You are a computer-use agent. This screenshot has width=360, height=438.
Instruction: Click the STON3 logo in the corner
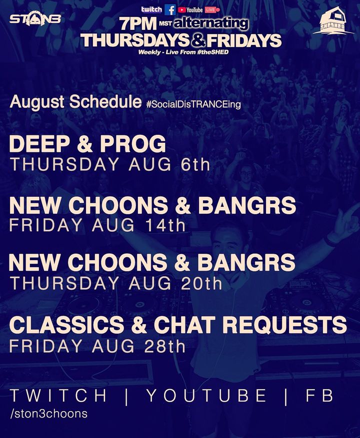pos(35,18)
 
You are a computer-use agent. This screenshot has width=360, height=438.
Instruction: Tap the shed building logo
pos(333,20)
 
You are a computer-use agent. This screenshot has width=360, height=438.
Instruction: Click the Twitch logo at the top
pos(151,9)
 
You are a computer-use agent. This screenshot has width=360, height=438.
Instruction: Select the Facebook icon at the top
pos(170,10)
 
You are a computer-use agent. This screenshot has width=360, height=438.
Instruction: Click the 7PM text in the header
pos(138,24)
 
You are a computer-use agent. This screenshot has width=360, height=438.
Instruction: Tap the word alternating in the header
pos(211,23)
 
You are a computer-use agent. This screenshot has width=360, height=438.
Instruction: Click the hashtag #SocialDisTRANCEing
pos(193,104)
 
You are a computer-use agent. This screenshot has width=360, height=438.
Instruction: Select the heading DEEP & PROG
pos(87,144)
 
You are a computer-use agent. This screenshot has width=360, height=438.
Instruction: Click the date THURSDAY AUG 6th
pos(110,164)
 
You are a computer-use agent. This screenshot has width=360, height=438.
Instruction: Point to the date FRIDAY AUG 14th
pos(97,225)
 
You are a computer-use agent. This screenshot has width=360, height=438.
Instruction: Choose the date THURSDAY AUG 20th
pos(116,283)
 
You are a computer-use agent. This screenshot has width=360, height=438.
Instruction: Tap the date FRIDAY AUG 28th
pos(97,346)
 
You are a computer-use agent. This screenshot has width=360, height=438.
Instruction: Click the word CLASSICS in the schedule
pos(66,325)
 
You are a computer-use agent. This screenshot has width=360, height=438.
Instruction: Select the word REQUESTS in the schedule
pos(284,325)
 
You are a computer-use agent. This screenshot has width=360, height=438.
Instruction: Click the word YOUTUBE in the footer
pos(206,396)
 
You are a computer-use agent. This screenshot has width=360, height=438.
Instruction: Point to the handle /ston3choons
pos(48,414)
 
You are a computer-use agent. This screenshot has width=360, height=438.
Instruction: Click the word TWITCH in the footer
pos(58,396)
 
